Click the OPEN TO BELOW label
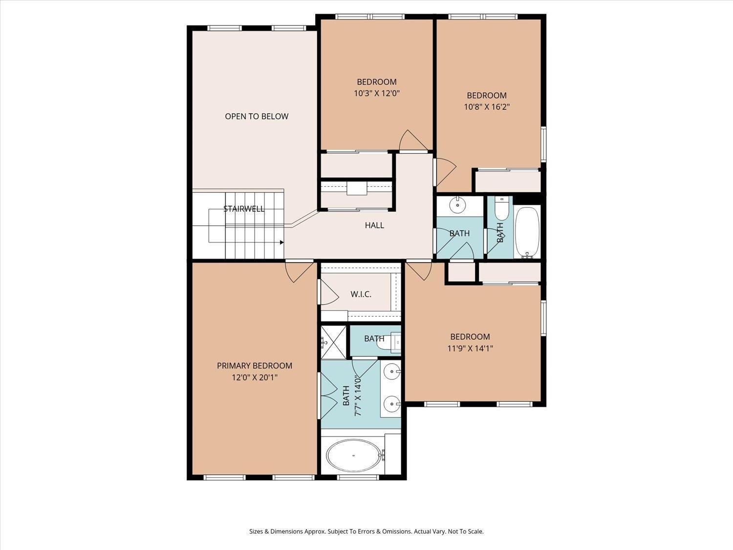(x=257, y=116)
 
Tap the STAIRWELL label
(x=244, y=209)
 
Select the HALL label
(x=374, y=225)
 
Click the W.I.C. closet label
(x=361, y=294)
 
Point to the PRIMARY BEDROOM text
(x=255, y=366)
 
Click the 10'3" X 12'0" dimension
(x=377, y=93)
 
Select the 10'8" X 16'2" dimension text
(x=487, y=107)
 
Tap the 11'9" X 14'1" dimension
(x=470, y=348)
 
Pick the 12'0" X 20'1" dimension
(x=255, y=377)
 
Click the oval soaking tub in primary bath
(x=353, y=455)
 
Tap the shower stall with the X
(x=334, y=342)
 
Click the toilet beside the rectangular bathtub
(x=501, y=208)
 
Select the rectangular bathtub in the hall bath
(x=527, y=232)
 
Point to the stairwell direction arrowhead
(x=282, y=242)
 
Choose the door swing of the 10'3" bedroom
(x=413, y=140)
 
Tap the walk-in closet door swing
(x=329, y=292)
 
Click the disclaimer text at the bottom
(x=366, y=531)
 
